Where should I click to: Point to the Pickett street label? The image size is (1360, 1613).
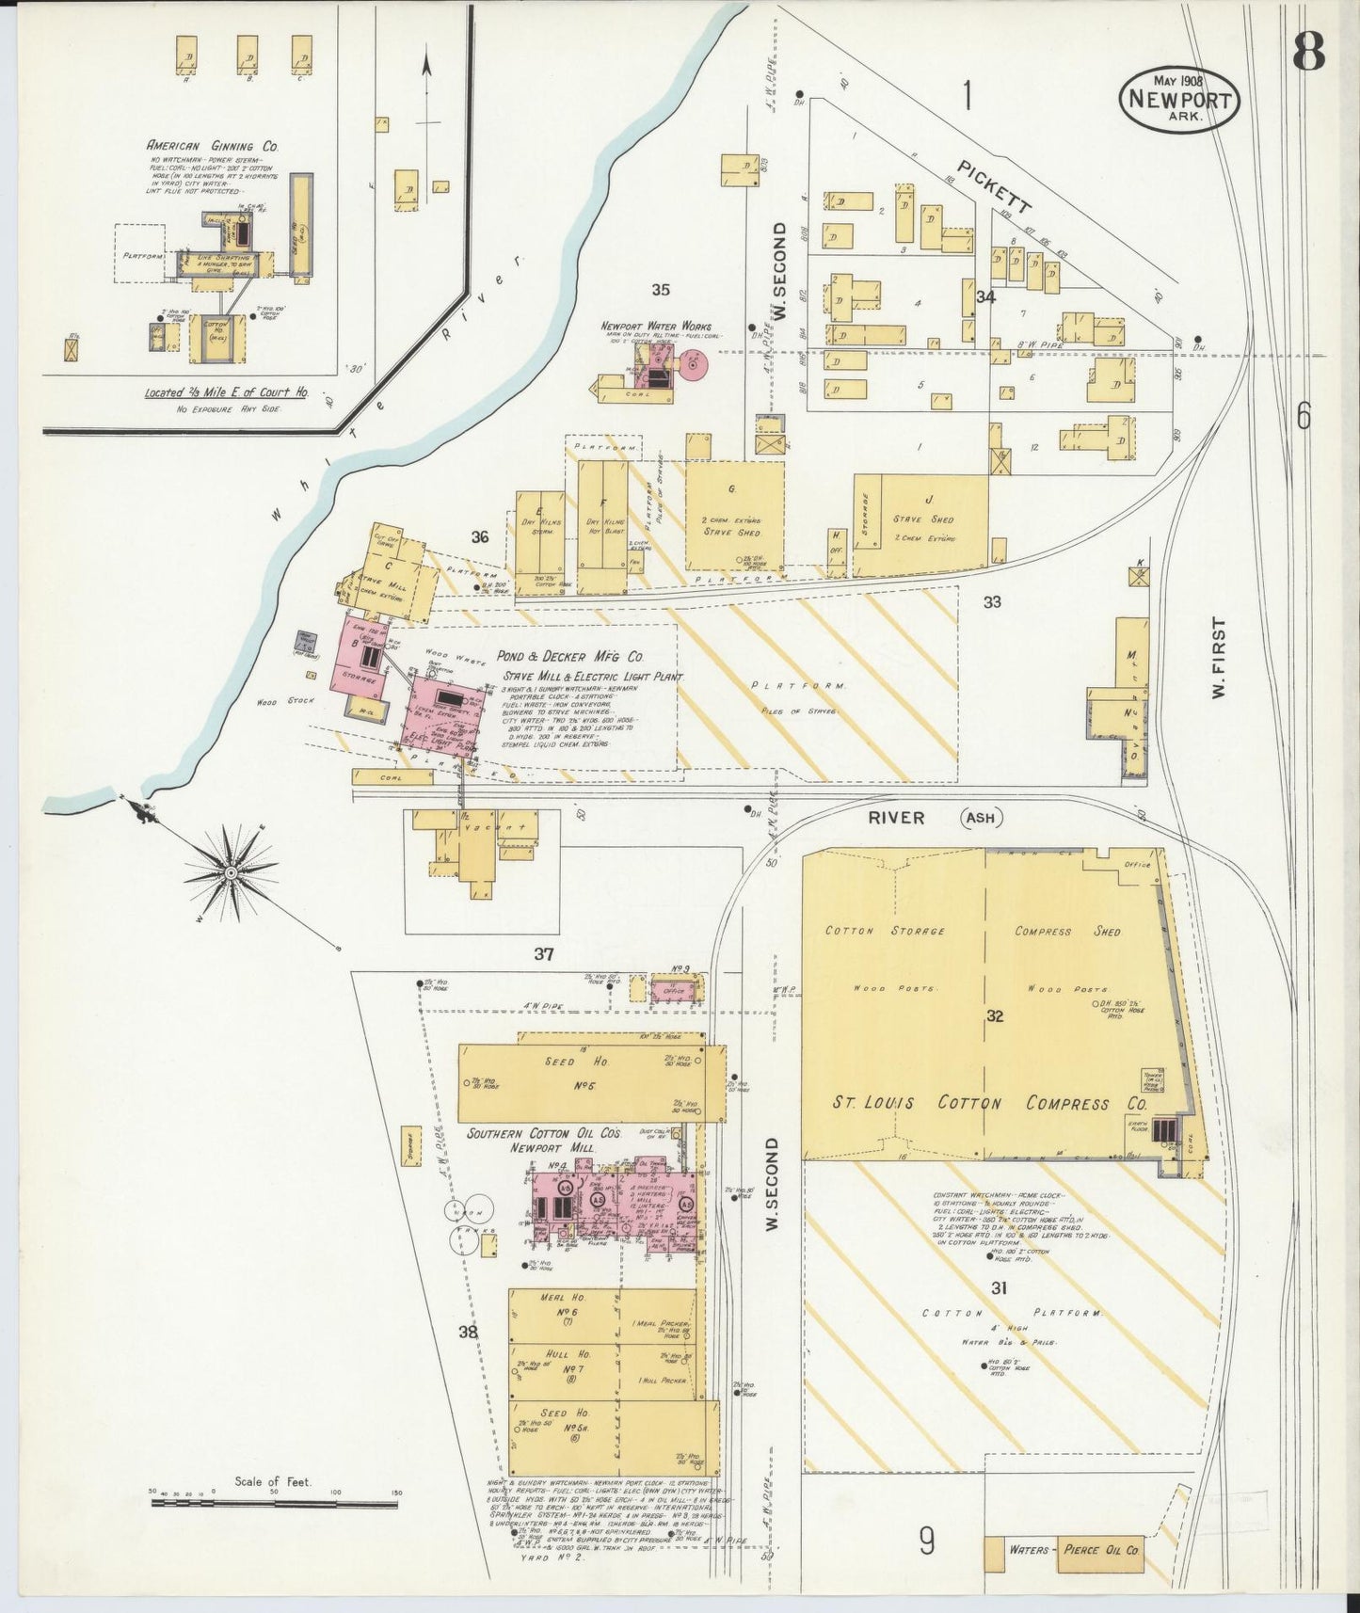pyautogui.click(x=995, y=185)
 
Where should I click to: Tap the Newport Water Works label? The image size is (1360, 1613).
pyautogui.click(x=656, y=327)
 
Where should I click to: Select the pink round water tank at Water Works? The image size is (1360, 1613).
pyautogui.click(x=695, y=362)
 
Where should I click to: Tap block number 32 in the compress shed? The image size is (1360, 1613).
pyautogui.click(x=996, y=1016)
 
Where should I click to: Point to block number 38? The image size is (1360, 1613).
pyautogui.click(x=468, y=1332)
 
